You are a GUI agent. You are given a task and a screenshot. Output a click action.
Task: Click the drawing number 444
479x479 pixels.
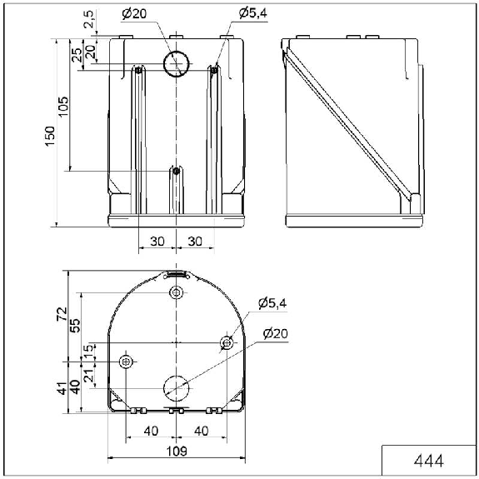(428, 461)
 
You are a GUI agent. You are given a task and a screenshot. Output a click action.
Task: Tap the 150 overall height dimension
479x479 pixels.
(50, 136)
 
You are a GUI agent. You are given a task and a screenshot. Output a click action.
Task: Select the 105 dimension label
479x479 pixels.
(63, 107)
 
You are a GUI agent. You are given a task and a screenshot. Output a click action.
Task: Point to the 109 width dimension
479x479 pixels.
(177, 452)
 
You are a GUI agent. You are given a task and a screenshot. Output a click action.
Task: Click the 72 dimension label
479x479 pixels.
(62, 314)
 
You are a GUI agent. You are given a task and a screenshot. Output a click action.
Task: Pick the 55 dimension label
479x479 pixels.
(75, 326)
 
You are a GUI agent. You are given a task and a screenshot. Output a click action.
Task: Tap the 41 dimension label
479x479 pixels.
(62, 388)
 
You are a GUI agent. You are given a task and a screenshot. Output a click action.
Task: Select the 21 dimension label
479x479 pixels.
(88, 375)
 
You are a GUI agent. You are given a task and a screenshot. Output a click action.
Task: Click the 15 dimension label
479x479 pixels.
(88, 349)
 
